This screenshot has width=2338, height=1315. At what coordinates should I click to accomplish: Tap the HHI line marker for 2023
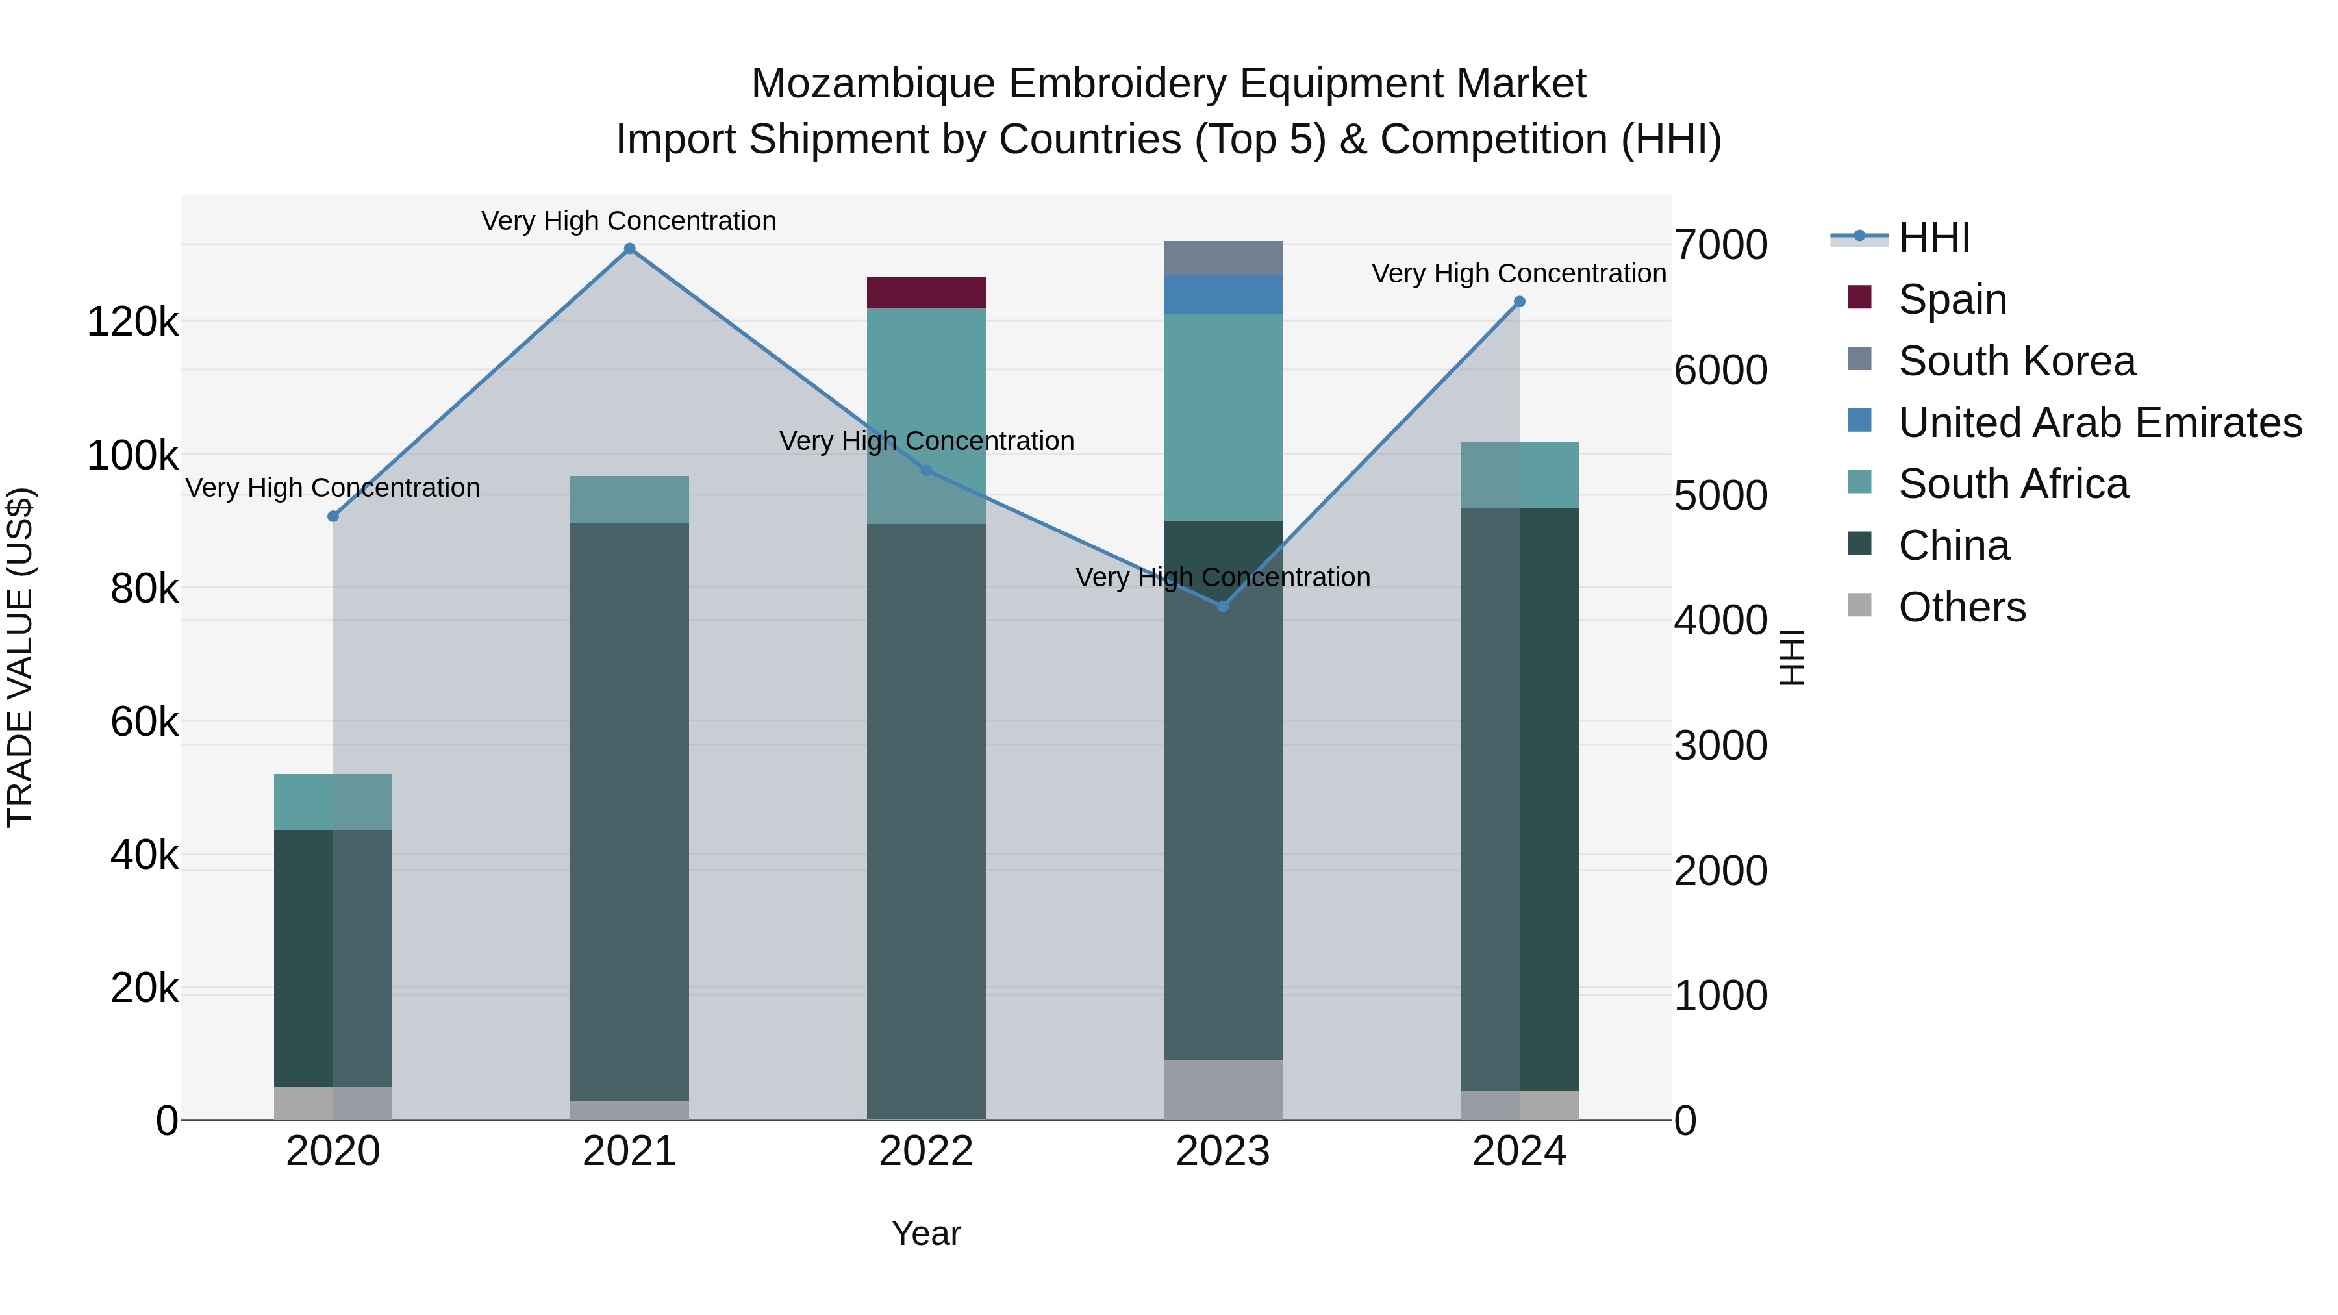click(1222, 607)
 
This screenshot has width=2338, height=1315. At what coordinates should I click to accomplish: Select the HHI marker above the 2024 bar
click(1519, 302)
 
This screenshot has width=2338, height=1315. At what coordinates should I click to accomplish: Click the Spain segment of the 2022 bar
click(925, 293)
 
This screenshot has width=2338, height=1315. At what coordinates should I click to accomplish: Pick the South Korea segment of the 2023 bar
click(1222, 258)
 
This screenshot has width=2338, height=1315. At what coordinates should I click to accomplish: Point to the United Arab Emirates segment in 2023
click(1222, 295)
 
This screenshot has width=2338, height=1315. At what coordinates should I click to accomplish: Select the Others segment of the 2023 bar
click(1222, 1089)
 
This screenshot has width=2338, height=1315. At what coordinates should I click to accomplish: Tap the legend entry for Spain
click(1952, 299)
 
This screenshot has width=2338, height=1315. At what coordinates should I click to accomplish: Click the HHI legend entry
click(1933, 238)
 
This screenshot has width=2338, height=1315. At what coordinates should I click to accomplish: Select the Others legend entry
click(1961, 607)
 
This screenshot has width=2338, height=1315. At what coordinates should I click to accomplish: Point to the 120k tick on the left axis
click(132, 322)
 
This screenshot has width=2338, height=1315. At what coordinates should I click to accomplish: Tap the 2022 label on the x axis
click(925, 1151)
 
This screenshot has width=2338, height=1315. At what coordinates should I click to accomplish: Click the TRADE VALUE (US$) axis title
click(20, 657)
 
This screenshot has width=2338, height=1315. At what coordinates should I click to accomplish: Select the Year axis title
click(925, 1233)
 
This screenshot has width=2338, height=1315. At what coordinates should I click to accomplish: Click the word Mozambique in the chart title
click(873, 84)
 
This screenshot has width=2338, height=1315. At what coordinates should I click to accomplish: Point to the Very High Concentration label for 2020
click(332, 488)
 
